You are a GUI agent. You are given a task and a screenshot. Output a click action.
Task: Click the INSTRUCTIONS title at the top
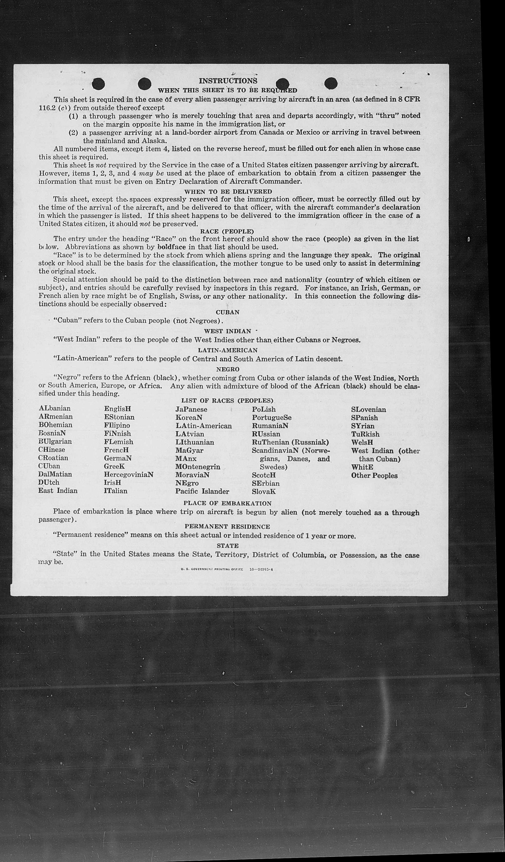[228, 81]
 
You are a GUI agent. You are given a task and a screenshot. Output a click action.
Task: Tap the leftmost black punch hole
[98, 84]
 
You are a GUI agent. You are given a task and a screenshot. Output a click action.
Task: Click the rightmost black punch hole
[331, 83]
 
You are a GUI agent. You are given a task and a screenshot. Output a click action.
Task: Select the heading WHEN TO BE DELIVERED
[228, 192]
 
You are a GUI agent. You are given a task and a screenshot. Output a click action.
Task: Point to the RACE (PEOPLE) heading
[227, 232]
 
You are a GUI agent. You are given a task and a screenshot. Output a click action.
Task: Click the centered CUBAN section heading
[228, 312]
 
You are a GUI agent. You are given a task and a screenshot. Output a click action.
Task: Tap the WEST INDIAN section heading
[227, 331]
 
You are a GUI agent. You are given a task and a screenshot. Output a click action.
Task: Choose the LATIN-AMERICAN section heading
[228, 350]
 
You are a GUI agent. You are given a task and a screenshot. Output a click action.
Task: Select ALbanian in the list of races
[55, 409]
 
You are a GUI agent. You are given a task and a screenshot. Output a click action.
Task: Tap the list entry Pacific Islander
[202, 491]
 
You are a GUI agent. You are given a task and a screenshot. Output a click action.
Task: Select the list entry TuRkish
[365, 434]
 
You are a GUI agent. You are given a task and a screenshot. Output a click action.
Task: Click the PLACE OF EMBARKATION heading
[227, 503]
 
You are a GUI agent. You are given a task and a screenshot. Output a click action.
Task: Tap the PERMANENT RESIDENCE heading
[227, 527]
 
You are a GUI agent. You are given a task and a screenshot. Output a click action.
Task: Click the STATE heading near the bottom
[228, 546]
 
